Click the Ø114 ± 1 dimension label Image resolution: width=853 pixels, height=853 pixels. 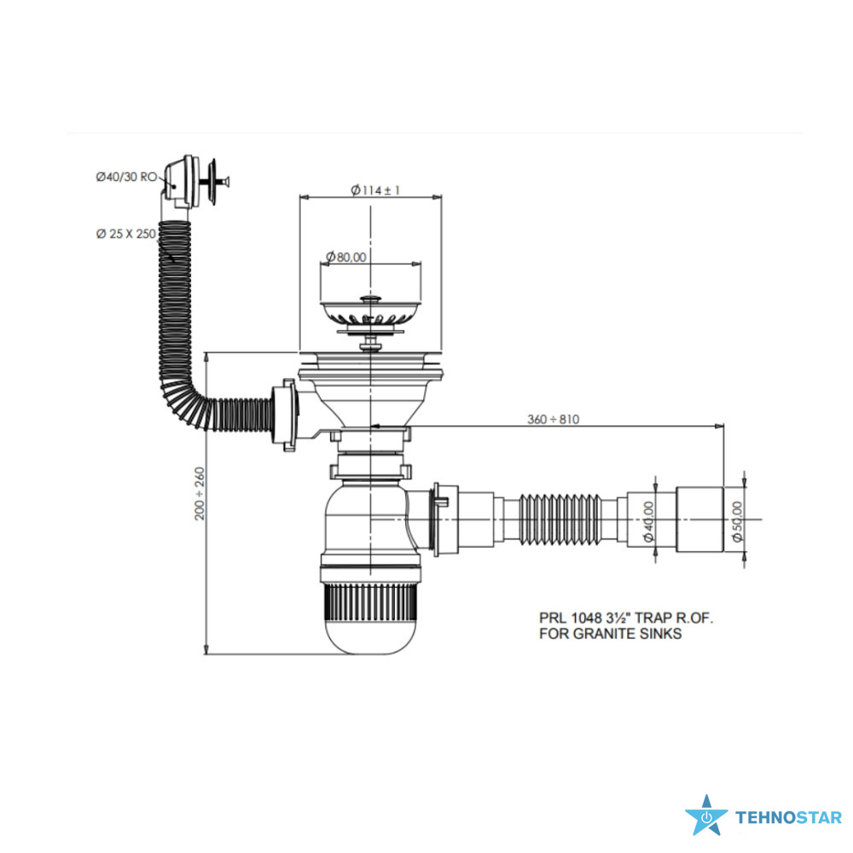pyautogui.click(x=375, y=190)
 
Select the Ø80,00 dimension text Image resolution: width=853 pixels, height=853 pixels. pyautogui.click(x=346, y=257)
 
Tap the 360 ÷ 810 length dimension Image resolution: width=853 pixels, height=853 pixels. pyautogui.click(x=553, y=420)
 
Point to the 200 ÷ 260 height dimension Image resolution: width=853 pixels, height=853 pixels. pyautogui.click(x=200, y=493)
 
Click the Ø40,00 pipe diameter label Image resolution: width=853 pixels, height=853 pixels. pyautogui.click(x=648, y=521)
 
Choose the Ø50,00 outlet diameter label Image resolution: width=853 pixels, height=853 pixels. pyautogui.click(x=737, y=521)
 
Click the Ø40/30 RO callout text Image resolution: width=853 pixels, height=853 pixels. pyautogui.click(x=126, y=177)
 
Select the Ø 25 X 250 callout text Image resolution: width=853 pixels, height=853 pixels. pyautogui.click(x=125, y=234)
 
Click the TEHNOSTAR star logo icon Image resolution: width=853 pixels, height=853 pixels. pyautogui.click(x=706, y=815)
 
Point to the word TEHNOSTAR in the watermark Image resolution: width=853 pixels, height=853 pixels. pyautogui.click(x=788, y=818)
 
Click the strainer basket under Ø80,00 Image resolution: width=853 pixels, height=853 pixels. pyautogui.click(x=370, y=314)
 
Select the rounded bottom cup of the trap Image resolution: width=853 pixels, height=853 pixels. pyautogui.click(x=370, y=635)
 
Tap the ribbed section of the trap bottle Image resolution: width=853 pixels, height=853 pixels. pyautogui.click(x=370, y=601)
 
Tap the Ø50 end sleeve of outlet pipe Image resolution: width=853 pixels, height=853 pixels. pyautogui.click(x=699, y=520)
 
